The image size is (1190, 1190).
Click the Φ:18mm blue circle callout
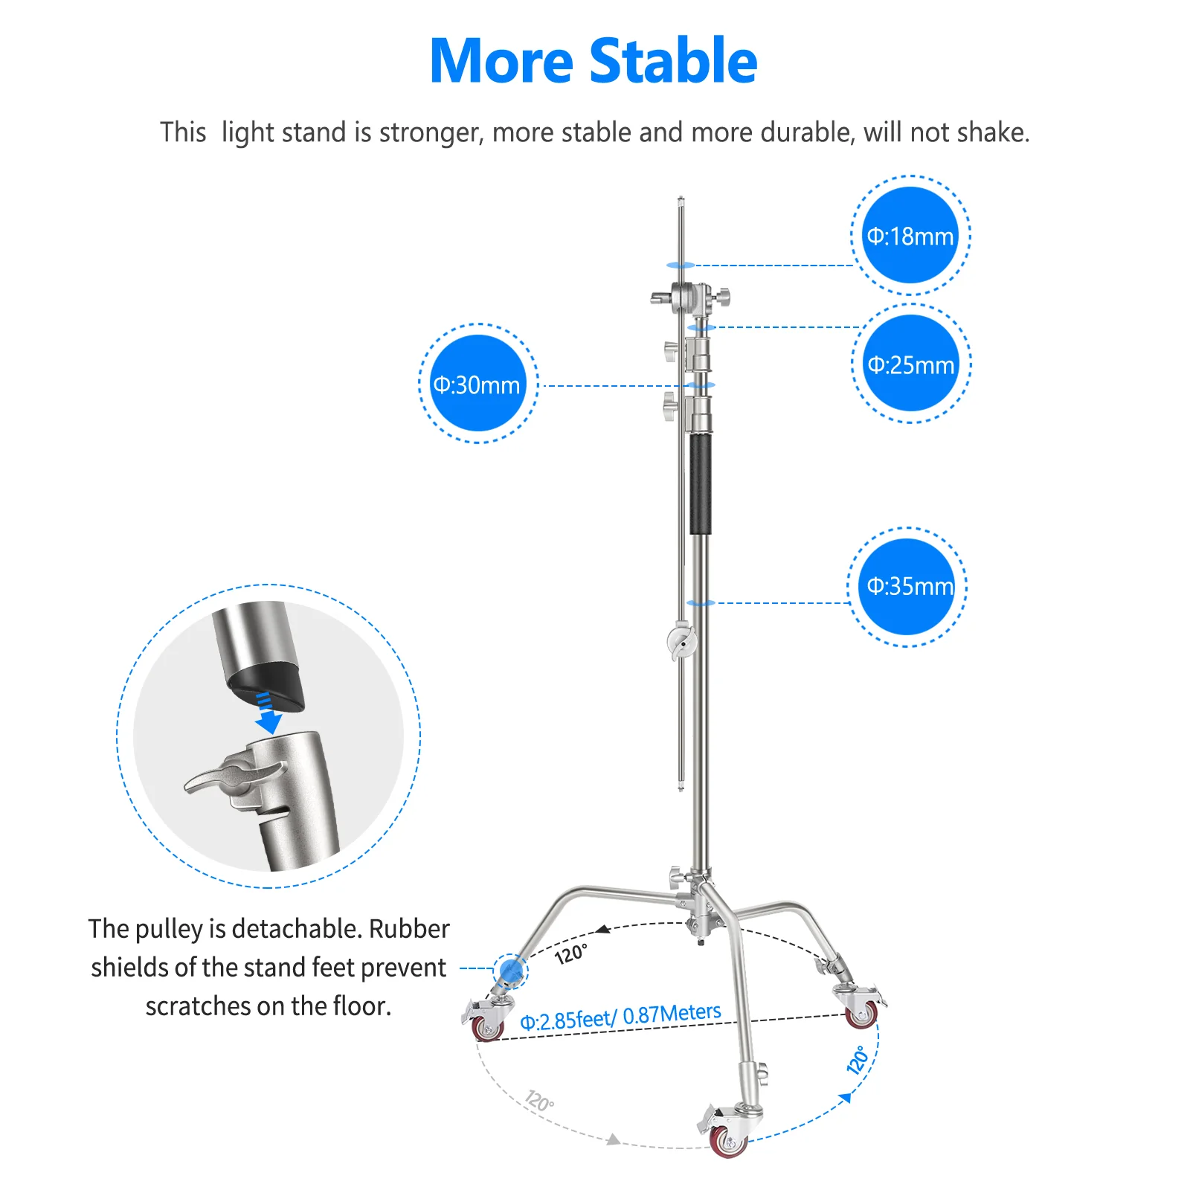coord(910,236)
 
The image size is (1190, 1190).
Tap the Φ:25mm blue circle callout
coord(910,364)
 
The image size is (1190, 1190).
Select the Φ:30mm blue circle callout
coord(477,384)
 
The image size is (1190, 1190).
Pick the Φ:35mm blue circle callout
coord(907,586)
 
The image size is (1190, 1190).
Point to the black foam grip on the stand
coord(700,483)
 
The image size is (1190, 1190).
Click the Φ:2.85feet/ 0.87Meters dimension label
coord(620,1017)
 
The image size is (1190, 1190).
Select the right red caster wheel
coord(861,1014)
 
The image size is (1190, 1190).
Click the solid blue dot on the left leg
coord(510,971)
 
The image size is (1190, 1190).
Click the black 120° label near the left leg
coord(571,953)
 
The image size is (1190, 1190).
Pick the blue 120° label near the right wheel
coord(858,1059)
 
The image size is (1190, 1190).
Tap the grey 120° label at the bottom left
coord(539,1100)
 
